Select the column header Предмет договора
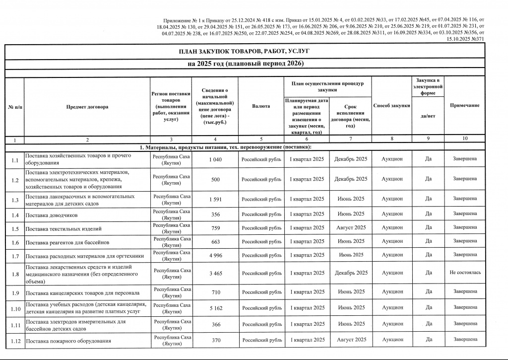(87, 106)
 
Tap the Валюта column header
(261, 106)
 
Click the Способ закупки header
(391, 105)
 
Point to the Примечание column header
(464, 106)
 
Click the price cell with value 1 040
(215, 159)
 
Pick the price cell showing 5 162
(215, 308)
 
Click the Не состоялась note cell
(465, 273)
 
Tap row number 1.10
(14, 308)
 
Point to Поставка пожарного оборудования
(68, 341)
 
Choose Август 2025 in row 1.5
(351, 227)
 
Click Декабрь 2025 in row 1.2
(351, 179)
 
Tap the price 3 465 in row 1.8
(215, 273)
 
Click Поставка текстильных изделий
(63, 229)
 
